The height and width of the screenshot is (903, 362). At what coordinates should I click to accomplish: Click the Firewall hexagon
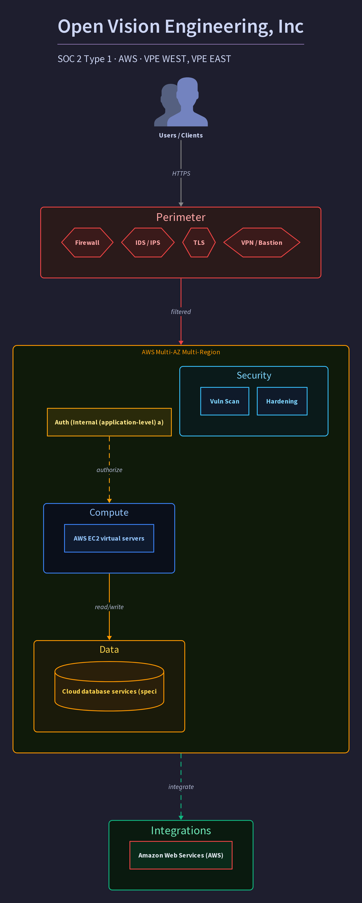click(87, 243)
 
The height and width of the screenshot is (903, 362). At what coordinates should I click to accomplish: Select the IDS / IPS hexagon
click(148, 243)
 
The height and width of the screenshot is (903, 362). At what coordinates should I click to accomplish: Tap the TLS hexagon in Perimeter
click(199, 243)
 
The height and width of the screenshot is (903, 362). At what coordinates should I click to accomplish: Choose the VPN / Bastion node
click(262, 243)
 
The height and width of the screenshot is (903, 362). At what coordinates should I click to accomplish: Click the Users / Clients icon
click(181, 102)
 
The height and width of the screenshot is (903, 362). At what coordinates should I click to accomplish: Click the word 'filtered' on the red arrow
click(181, 312)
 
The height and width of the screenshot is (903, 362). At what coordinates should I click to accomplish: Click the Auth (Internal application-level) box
click(109, 422)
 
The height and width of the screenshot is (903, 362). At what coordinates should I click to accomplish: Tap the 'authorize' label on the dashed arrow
click(109, 470)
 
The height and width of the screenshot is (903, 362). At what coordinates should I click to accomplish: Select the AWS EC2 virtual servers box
click(109, 538)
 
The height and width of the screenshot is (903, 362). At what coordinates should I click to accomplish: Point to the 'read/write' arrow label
click(109, 607)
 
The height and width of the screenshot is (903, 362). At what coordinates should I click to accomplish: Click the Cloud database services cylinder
click(109, 686)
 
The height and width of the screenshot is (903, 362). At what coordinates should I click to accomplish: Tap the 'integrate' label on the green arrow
click(181, 787)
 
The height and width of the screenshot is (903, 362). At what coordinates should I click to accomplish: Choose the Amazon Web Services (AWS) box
click(181, 855)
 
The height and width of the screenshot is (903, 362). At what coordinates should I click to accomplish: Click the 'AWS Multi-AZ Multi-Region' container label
click(181, 352)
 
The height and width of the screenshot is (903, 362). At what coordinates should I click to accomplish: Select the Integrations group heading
click(181, 830)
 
